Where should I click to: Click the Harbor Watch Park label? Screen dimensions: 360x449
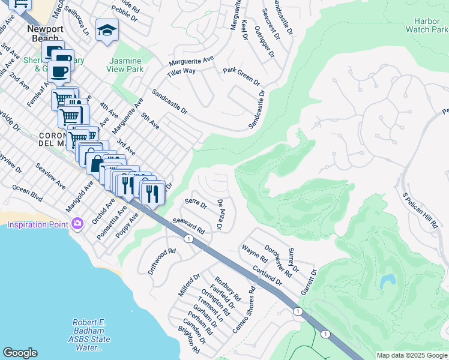(x=427, y=25)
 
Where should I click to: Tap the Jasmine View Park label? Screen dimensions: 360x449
(x=125, y=65)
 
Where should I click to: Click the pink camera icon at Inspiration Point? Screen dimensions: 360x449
(x=77, y=224)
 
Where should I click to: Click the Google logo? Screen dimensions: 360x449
(x=20, y=353)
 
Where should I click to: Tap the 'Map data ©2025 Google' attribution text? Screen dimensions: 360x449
(x=412, y=355)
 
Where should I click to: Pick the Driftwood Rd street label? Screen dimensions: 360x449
(x=162, y=261)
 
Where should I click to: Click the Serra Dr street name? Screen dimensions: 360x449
(x=196, y=204)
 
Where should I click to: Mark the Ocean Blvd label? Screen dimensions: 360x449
(x=28, y=193)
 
